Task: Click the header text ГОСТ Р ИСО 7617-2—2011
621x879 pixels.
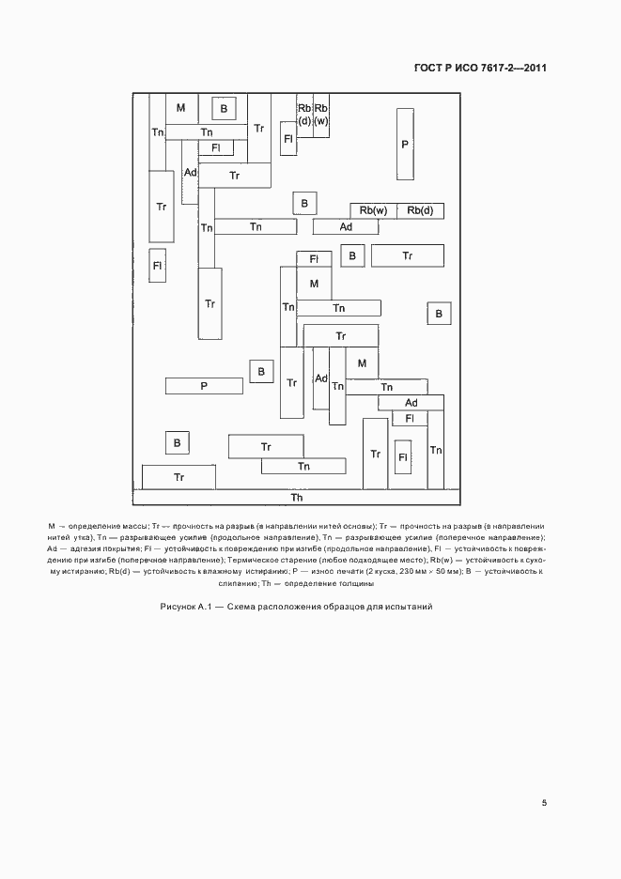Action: [480, 68]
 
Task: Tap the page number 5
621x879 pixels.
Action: [544, 803]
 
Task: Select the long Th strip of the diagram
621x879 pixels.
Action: [296, 498]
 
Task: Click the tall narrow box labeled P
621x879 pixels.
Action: [405, 144]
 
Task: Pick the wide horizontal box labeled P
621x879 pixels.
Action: [204, 385]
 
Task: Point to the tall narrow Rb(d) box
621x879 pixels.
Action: [304, 115]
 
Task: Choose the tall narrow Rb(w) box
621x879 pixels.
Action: [321, 115]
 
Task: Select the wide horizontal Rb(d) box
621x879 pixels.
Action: [420, 210]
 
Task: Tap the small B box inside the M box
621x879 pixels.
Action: [224, 110]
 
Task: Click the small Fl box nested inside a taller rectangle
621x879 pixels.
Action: [403, 456]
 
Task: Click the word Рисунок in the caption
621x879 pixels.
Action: [179, 608]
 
